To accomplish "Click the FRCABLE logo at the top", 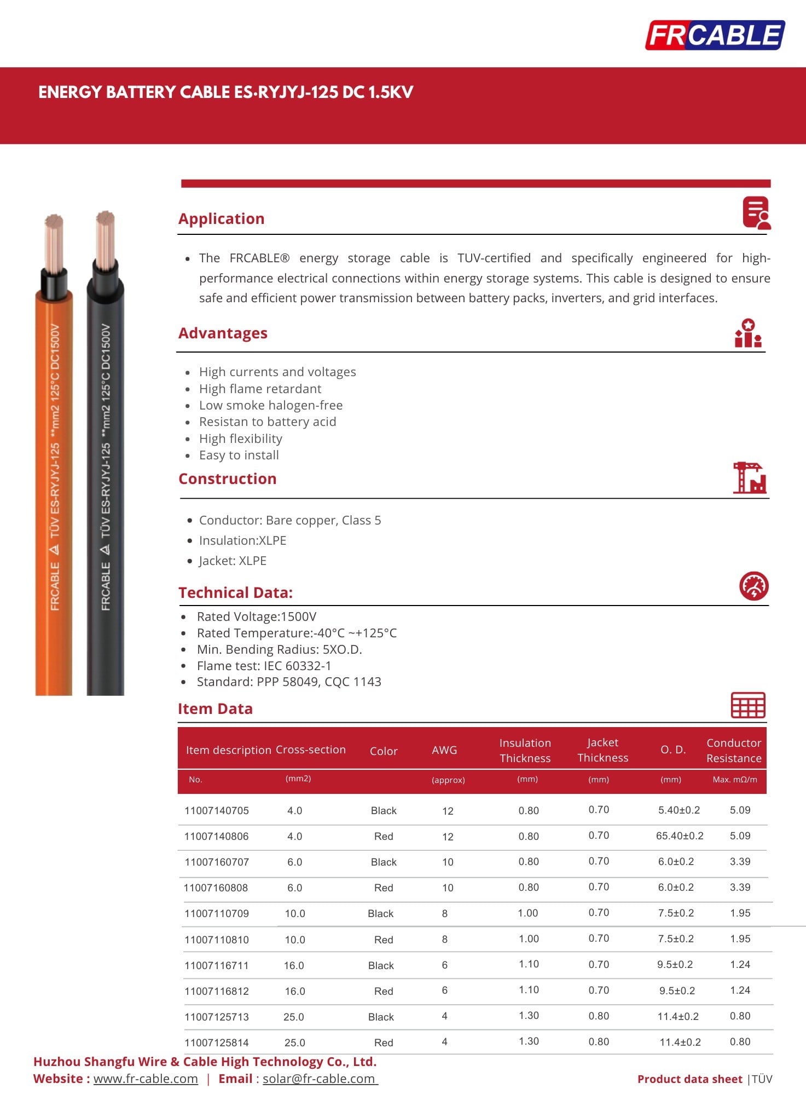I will coord(715,35).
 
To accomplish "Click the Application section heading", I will coord(221,218).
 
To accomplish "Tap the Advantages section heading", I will coord(223,333).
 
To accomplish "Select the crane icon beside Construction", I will coord(749,478).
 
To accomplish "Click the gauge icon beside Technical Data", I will coord(753,586).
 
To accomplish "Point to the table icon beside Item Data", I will coord(748,705).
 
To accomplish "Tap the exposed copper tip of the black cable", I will coord(105,238).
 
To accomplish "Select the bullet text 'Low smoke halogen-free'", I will coord(271,405).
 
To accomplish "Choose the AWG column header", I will coord(444,750).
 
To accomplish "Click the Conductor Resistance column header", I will coord(734,750).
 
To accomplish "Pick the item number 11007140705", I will coord(217,810).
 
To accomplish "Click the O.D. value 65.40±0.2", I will coord(680,836).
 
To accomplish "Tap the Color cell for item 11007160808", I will coord(384,887).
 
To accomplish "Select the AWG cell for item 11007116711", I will coord(445,965).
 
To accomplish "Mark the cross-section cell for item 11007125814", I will coord(294,1042).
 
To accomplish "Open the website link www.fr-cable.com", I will coord(146,1079).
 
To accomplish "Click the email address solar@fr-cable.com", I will coord(319,1079).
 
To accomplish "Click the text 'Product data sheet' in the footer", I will coord(689,1079).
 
